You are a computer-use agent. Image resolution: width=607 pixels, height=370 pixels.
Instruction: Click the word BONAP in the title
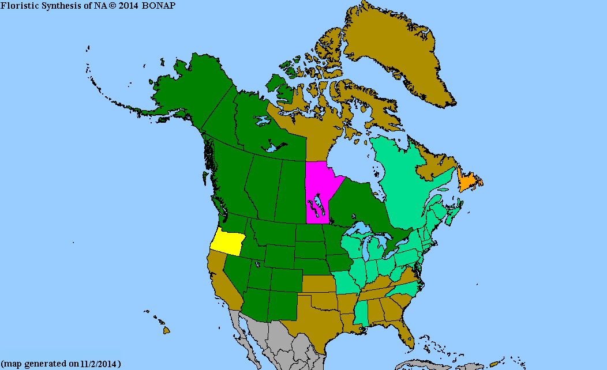click(158, 5)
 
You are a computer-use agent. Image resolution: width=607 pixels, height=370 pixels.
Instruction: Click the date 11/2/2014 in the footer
click(100, 364)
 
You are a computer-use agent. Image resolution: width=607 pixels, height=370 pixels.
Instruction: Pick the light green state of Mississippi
click(360, 314)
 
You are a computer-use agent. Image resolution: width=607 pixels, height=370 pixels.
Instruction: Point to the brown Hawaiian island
click(166, 330)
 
